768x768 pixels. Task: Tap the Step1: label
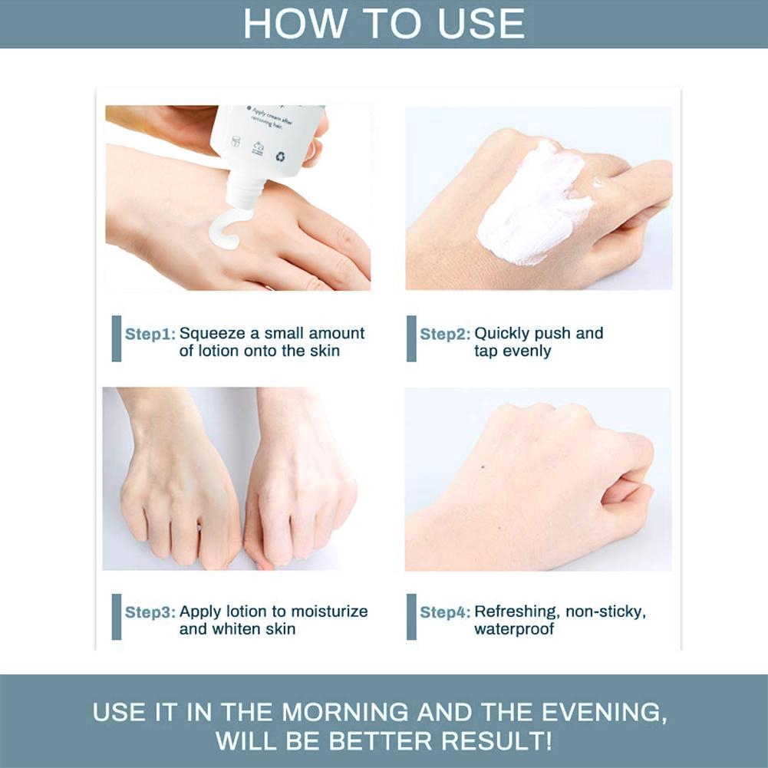tap(150, 335)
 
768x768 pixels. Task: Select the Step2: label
tap(445, 335)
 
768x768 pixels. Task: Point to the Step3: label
tap(150, 612)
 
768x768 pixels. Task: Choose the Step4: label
tap(445, 612)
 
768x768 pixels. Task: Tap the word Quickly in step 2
tap(502, 334)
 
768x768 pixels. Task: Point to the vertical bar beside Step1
tap(117, 338)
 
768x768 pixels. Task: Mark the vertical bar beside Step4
tap(411, 616)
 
